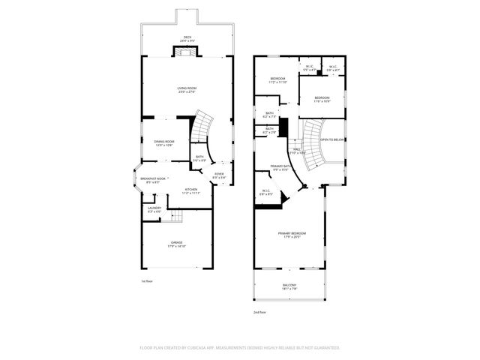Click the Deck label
click(187, 37)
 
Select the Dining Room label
click(164, 142)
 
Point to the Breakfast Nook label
click(153, 179)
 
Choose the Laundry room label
click(154, 209)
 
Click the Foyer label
click(219, 175)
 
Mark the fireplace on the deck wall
click(187, 51)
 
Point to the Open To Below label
click(332, 139)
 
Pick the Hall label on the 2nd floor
click(297, 150)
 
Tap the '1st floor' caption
click(147, 281)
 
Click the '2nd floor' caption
click(260, 313)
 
